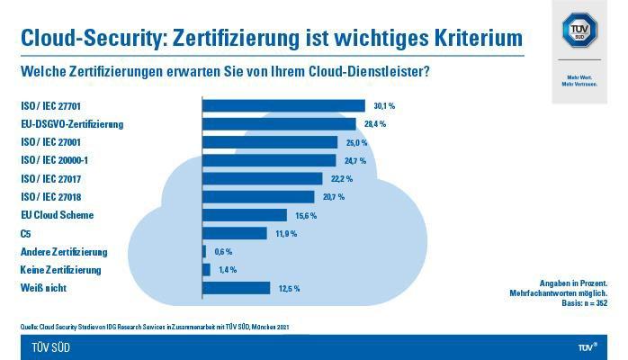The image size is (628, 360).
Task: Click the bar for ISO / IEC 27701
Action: [283, 105]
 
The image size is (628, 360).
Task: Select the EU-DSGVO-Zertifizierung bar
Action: [279, 123]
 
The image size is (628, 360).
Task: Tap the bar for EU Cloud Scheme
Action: [245, 215]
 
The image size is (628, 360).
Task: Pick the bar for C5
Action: [235, 233]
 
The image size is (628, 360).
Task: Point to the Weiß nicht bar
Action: [237, 288]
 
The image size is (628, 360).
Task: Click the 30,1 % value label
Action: [384, 106]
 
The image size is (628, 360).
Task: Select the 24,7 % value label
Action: [355, 160]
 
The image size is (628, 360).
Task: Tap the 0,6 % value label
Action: [224, 252]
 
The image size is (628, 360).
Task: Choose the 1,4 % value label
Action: [228, 270]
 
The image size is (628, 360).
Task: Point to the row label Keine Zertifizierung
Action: [60, 270]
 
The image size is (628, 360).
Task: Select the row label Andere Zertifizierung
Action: [64, 252]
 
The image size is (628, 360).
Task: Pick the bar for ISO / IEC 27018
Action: [258, 196]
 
